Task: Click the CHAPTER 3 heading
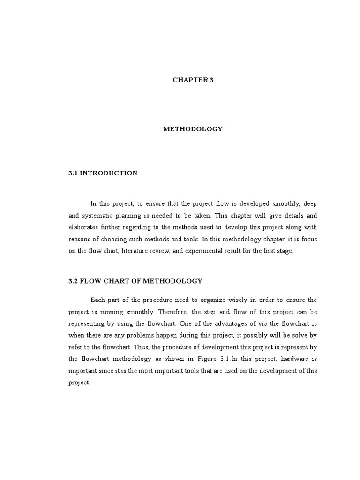pyautogui.click(x=193, y=80)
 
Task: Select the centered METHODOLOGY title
pyautogui.click(x=193, y=129)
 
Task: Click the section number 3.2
pyautogui.click(x=73, y=281)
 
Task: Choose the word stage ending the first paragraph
pyautogui.click(x=284, y=251)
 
